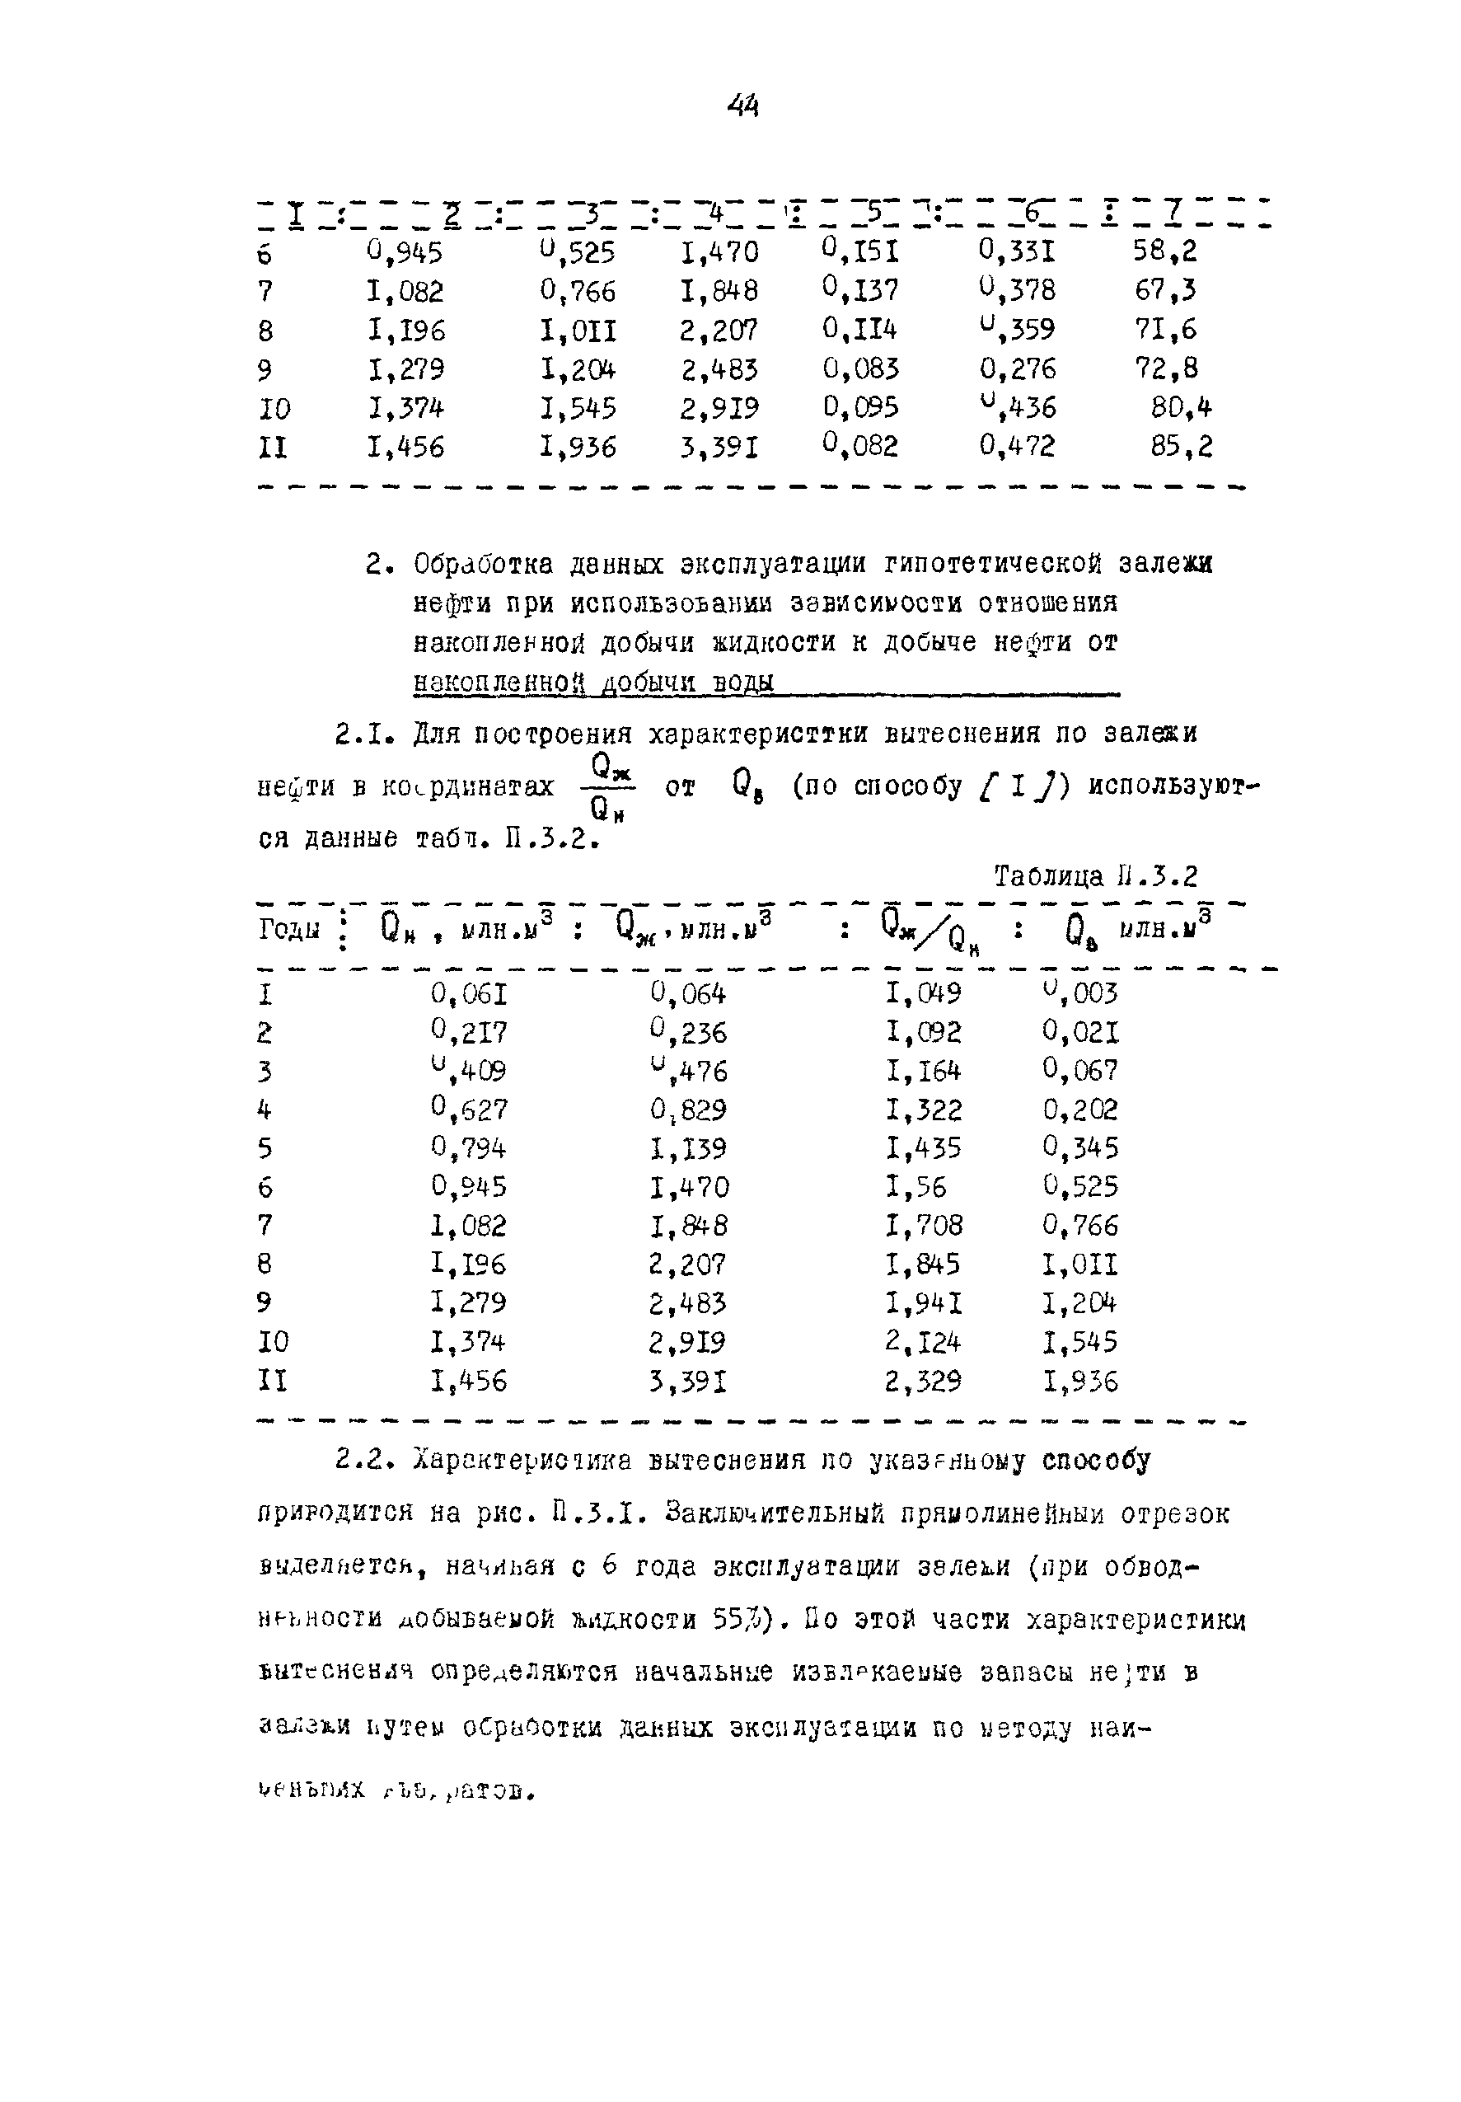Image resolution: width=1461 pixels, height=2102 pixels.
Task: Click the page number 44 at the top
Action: click(x=743, y=107)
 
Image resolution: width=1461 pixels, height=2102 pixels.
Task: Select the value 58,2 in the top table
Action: click(x=1164, y=251)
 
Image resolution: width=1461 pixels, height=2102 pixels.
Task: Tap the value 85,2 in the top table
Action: click(x=1181, y=446)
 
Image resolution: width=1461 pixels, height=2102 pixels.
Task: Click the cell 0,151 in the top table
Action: click(x=860, y=250)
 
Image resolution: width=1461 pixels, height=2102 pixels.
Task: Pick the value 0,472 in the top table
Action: click(x=1017, y=446)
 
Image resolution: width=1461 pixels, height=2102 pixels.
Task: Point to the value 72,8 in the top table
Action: click(x=1166, y=368)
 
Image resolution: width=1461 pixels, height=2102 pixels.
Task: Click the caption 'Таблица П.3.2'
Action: click(x=1095, y=877)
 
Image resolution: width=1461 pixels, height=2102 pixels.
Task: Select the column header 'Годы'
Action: click(x=288, y=930)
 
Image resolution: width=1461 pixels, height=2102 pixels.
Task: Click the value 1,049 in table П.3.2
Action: click(x=923, y=993)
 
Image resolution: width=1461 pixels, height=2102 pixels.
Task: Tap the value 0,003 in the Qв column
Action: click(x=1080, y=992)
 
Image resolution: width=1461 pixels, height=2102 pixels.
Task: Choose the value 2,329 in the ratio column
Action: click(x=923, y=1382)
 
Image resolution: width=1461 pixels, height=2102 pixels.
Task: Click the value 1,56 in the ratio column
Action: click(x=915, y=1187)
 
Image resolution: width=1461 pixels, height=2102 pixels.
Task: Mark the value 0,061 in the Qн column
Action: click(x=469, y=994)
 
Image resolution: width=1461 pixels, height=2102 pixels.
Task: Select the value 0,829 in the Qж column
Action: click(x=688, y=1110)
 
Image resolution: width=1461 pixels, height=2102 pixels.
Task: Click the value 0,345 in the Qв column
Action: click(x=1080, y=1148)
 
